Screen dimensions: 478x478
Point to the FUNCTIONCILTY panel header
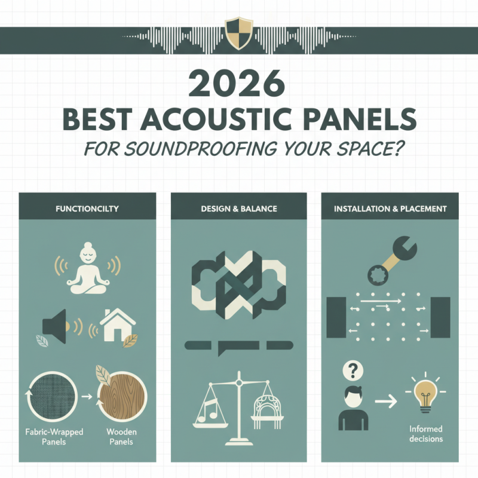click(x=87, y=209)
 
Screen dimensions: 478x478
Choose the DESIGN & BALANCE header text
click(x=240, y=209)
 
